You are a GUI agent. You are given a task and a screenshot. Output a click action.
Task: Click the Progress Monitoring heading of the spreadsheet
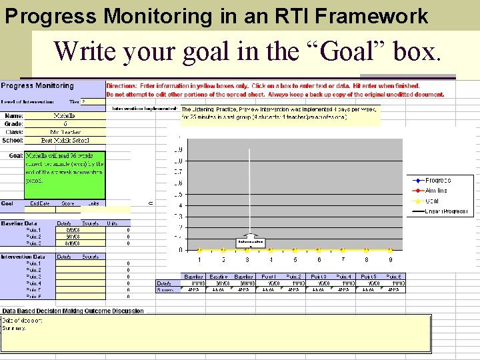[x=37, y=86]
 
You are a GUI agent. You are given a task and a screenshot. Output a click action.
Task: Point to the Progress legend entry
[x=437, y=180]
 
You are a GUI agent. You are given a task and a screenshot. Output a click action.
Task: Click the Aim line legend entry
[x=436, y=191]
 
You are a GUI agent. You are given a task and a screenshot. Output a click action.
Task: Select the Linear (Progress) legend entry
[x=447, y=211]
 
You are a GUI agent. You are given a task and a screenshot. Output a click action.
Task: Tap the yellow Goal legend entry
[x=433, y=201]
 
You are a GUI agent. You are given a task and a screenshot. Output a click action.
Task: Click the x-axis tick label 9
[x=390, y=259]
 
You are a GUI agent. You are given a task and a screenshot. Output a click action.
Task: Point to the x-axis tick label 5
[x=295, y=259]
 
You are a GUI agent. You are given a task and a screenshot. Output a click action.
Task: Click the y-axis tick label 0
[x=179, y=250]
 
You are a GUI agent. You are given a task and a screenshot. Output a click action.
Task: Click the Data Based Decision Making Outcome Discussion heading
[x=73, y=311]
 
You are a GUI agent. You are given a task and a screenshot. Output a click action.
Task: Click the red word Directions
[x=122, y=86]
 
